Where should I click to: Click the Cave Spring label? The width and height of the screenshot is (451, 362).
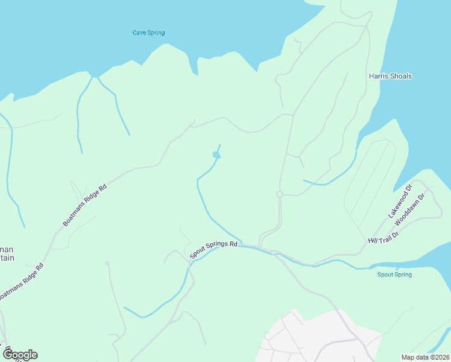(x=148, y=33)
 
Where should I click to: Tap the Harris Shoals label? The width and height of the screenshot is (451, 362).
(x=390, y=76)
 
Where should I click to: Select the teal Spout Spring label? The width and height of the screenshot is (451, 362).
(x=394, y=275)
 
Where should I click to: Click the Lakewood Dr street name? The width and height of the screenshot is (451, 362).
(x=399, y=201)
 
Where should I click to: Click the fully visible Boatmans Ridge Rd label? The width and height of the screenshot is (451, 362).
(x=84, y=205)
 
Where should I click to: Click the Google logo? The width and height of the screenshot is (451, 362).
(x=20, y=354)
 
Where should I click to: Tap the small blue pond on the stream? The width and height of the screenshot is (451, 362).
(x=216, y=156)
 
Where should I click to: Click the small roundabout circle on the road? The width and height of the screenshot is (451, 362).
(x=279, y=194)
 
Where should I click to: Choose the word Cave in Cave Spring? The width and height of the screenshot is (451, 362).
(x=139, y=33)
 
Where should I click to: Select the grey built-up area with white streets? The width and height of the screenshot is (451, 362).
(x=301, y=338)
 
